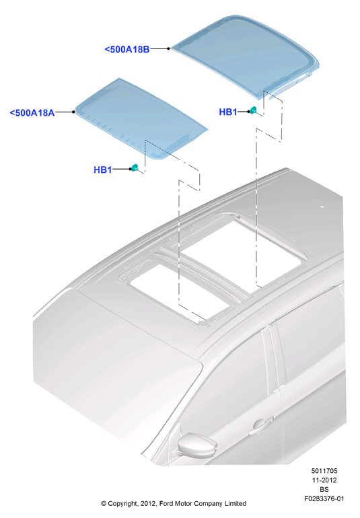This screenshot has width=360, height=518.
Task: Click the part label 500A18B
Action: click(127, 49)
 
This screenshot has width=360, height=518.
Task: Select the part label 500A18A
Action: click(32, 112)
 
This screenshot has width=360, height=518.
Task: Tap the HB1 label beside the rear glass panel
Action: click(228, 112)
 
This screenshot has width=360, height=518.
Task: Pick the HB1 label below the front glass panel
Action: click(103, 170)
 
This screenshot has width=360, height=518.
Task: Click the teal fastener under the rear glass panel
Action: click(253, 110)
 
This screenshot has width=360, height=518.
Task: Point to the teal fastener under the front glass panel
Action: click(135, 168)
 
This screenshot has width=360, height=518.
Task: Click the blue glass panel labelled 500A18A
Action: click(141, 119)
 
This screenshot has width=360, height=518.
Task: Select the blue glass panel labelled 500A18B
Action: click(246, 56)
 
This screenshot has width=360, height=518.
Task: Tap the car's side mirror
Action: click(197, 445)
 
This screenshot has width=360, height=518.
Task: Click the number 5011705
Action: click(324, 471)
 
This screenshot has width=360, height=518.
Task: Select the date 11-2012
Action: click(324, 480)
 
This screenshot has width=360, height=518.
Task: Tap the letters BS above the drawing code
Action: click(324, 489)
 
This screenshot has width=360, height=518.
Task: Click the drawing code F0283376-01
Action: click(324, 498)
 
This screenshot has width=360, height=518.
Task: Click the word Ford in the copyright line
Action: click(167, 503)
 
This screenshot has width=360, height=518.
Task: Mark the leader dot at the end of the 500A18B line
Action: click(168, 48)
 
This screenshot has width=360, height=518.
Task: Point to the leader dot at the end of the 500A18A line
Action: click(73, 112)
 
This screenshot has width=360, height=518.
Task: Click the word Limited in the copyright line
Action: click(236, 503)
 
